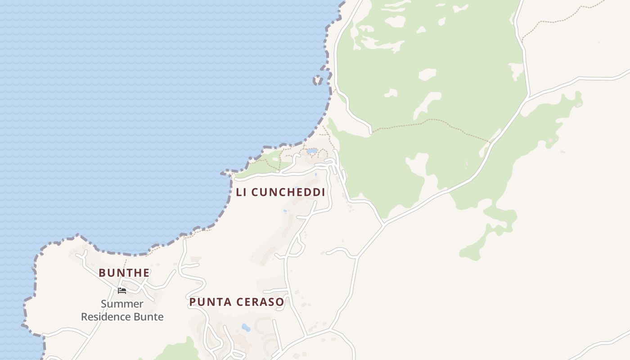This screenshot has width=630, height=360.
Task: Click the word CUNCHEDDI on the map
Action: (x=288, y=192)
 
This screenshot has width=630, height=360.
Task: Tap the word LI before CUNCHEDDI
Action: (x=241, y=192)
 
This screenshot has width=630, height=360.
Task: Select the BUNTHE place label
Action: (x=124, y=273)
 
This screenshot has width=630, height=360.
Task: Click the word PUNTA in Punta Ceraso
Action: (x=207, y=302)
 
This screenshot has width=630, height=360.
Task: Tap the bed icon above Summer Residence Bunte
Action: (x=121, y=290)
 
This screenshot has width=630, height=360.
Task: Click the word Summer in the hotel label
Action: (x=122, y=304)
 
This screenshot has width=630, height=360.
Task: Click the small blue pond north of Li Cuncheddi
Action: (x=311, y=152)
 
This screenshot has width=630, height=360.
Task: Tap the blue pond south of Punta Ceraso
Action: (x=246, y=327)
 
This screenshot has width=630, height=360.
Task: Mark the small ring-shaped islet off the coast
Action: (x=318, y=81)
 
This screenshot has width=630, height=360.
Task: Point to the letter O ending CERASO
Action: (x=280, y=302)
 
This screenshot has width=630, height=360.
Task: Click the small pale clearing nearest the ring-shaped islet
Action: (x=390, y=93)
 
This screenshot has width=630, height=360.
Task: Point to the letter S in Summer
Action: (x=104, y=304)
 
